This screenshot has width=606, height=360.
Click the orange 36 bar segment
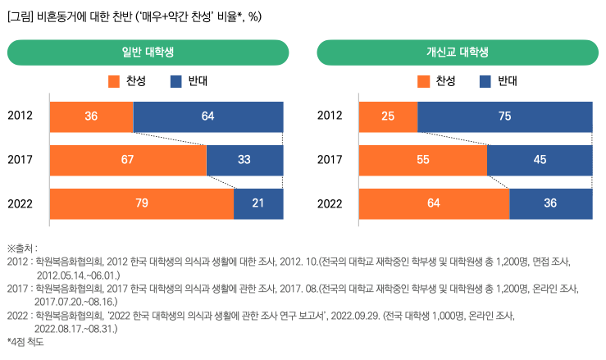pos(91,116)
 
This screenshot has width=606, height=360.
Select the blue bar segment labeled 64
pos(207,116)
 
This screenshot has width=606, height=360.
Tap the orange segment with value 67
pos(128,160)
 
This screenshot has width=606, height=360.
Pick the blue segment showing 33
pos(244,160)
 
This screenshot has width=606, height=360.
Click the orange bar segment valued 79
pos(142,203)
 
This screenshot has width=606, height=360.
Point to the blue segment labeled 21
pos(258,203)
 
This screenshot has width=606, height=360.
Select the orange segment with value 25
pos(388,116)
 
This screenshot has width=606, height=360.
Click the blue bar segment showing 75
pos(504,116)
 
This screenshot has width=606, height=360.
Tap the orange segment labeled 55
pos(422,160)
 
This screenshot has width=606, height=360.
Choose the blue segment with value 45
pos(540,160)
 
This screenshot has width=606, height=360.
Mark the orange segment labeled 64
pos(434,203)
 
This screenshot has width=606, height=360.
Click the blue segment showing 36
pos(550,203)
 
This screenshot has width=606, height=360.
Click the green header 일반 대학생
pos(148,52)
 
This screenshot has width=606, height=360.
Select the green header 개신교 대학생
pos(458,52)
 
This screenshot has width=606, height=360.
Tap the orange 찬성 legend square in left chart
pos(114,81)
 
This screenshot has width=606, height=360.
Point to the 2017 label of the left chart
pos(21,160)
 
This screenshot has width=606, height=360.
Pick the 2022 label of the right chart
pos(330,203)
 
